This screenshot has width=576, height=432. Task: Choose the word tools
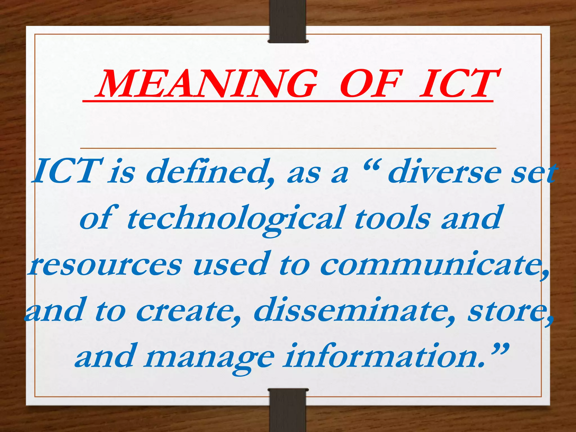[392, 218]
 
